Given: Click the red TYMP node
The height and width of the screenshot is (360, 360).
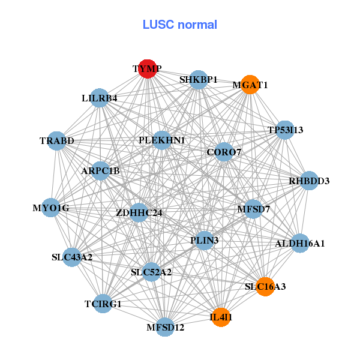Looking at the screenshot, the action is [x=148, y=69].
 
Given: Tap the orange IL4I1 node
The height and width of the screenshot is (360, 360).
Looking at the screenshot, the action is [x=221, y=317].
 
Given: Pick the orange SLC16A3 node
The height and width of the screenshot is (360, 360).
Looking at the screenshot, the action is [x=265, y=286].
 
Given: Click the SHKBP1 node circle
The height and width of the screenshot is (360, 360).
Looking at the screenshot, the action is [x=199, y=79].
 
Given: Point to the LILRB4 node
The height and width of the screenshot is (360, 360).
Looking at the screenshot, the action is [x=100, y=98].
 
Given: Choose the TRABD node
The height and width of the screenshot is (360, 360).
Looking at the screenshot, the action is [x=57, y=141].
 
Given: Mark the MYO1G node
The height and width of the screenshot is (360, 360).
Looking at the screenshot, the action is [x=51, y=208].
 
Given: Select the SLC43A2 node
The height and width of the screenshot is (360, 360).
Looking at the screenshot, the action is [x=71, y=257].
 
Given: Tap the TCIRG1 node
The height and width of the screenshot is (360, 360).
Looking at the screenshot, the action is [x=103, y=304].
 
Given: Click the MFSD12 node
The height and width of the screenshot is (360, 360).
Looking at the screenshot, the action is [x=166, y=327].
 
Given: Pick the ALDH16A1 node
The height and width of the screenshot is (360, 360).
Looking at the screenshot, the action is [x=300, y=244].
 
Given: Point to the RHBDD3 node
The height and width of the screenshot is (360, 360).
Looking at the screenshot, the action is [x=309, y=181].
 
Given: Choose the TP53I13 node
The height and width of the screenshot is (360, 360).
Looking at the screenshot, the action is [x=286, y=130].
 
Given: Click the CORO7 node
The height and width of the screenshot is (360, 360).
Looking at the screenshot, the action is [x=224, y=152].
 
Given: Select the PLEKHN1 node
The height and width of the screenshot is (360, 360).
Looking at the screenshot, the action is [x=162, y=140].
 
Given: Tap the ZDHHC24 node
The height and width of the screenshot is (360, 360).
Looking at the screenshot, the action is [x=139, y=212].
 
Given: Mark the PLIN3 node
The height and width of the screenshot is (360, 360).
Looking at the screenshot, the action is [x=205, y=241].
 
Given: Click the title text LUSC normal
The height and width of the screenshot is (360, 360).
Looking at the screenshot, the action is [x=179, y=25].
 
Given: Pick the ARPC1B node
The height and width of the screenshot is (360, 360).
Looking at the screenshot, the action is [x=101, y=171].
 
